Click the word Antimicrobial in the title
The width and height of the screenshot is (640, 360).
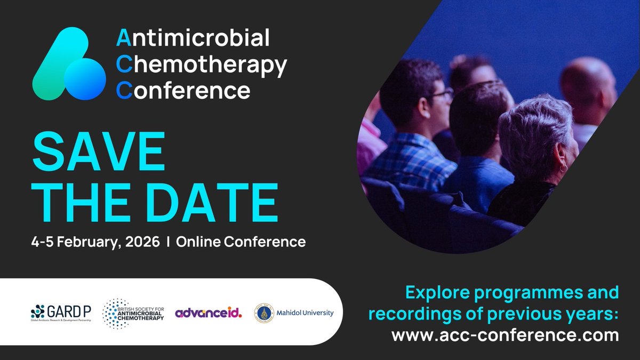(193, 38)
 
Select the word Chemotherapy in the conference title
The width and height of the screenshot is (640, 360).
(202, 65)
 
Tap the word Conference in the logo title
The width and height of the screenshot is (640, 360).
(183, 90)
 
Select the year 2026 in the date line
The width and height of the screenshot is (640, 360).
(142, 242)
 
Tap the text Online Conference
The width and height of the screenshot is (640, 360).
(241, 242)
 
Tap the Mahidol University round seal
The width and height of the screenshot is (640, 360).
(263, 313)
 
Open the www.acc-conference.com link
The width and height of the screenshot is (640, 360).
(505, 335)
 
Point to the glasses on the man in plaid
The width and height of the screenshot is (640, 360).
(442, 95)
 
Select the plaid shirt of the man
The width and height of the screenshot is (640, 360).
(405, 160)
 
